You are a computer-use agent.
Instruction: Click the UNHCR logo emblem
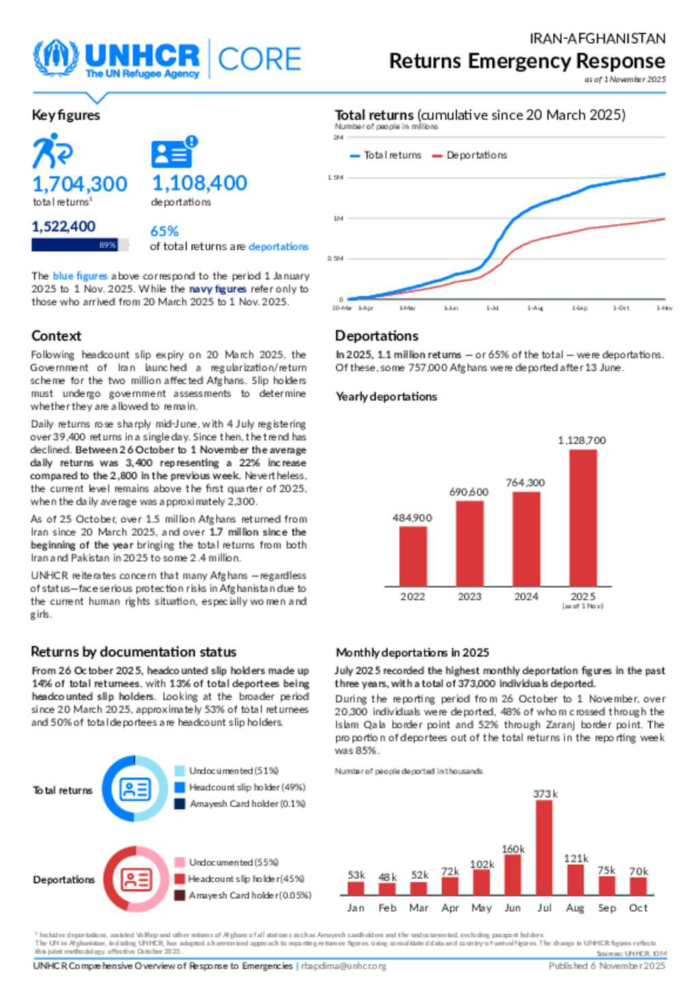[56, 58]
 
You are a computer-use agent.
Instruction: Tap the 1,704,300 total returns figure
[80, 184]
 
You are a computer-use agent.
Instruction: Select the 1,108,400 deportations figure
[199, 183]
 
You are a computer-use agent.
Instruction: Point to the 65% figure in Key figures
[165, 231]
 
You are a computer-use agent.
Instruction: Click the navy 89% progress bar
[75, 244]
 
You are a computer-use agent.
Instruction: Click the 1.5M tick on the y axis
[335, 177]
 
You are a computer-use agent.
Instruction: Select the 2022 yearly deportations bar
[412, 556]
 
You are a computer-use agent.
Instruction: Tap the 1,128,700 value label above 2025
[582, 440]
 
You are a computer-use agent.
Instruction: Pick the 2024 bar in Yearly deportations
[526, 539]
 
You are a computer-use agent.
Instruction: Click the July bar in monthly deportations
[544, 847]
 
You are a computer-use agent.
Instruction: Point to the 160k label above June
[513, 849]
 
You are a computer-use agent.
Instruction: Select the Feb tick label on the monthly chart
[387, 908]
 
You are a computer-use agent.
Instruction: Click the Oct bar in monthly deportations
[638, 886]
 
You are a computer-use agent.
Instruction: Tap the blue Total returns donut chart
[134, 789]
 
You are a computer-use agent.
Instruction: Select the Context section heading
[56, 336]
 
